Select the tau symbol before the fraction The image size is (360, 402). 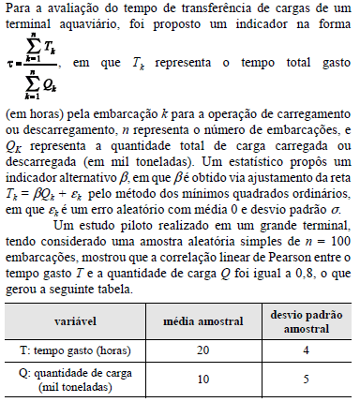[x=7, y=66]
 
